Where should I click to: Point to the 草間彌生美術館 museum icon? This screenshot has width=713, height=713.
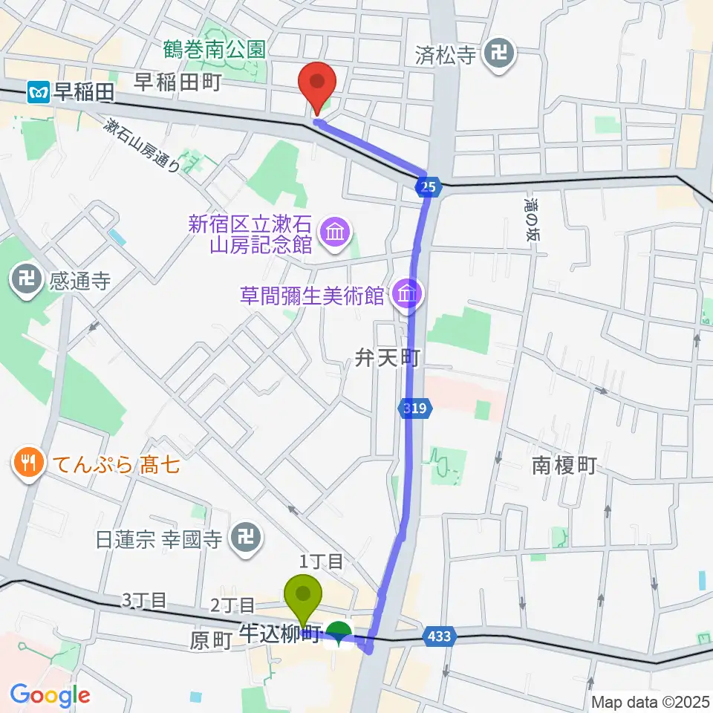pos(407,296)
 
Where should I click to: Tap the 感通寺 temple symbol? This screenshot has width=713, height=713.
pos(25,281)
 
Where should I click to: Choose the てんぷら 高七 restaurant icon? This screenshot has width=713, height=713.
pos(29,466)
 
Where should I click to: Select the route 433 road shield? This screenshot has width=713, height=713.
pos(438,636)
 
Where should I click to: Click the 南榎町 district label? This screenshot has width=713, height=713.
pos(564,466)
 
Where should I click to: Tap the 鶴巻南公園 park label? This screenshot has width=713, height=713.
pos(215,51)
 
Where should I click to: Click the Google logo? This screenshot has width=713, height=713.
pos(50,695)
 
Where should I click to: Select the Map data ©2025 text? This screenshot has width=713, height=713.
pos(649,701)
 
